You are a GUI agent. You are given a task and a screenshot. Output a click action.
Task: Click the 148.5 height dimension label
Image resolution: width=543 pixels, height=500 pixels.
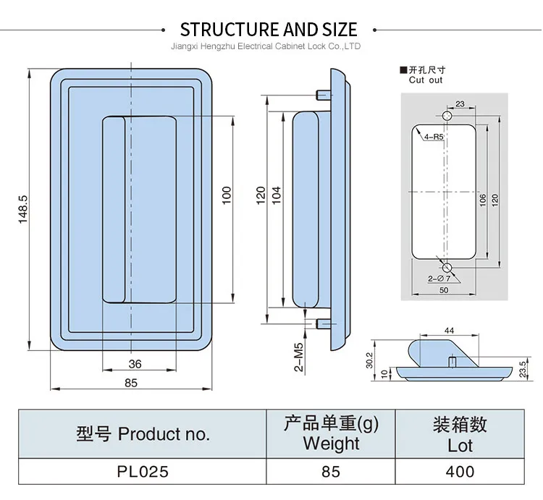[23, 209]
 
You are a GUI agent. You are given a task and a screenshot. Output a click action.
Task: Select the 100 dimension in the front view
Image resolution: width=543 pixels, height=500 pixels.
[226, 195]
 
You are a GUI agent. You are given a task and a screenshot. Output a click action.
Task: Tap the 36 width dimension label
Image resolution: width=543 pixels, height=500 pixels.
[135, 364]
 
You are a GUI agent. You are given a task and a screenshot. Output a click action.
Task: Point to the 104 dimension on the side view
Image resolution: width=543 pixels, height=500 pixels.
[277, 195]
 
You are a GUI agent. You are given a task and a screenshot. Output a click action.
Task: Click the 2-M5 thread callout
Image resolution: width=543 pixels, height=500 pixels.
[299, 357]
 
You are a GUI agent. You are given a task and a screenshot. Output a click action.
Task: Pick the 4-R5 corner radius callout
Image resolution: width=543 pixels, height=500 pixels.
[434, 137]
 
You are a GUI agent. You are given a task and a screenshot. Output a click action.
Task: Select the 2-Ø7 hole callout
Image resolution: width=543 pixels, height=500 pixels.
[439, 278]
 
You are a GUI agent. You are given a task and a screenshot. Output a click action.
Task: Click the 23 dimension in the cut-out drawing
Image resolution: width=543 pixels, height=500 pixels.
[460, 103]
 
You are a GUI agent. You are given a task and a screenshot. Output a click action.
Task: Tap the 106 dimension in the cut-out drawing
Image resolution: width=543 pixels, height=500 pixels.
[483, 200]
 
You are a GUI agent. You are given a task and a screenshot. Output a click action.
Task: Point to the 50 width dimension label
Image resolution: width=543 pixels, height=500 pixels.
[444, 290]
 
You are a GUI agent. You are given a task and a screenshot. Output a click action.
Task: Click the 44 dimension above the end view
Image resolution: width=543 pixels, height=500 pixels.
[449, 331]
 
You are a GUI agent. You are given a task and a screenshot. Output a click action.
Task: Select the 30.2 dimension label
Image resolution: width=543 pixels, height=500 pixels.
[369, 360]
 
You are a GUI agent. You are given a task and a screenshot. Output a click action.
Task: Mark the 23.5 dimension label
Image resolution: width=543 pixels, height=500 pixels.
[523, 368]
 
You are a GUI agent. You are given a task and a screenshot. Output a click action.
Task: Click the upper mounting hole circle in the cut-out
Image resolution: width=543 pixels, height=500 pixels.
[447, 116]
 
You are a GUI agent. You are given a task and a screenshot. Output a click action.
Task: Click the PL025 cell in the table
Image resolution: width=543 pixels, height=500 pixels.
[143, 472]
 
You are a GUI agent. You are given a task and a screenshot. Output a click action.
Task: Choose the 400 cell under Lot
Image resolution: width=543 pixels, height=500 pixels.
[460, 472]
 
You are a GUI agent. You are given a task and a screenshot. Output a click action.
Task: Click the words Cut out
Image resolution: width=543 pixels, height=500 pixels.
[426, 80]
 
